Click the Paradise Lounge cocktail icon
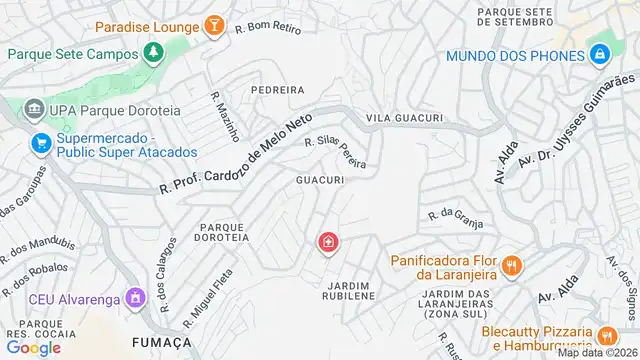tap(213, 25)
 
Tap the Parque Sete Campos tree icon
tap(152, 51)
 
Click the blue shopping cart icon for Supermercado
tap(40, 143)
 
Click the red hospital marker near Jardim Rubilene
tap(327, 243)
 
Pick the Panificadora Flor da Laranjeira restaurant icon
tap(511, 265)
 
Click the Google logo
tap(33, 348)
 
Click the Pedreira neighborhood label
tap(277, 89)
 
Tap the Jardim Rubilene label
tap(347, 291)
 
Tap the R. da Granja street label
tap(449, 214)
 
